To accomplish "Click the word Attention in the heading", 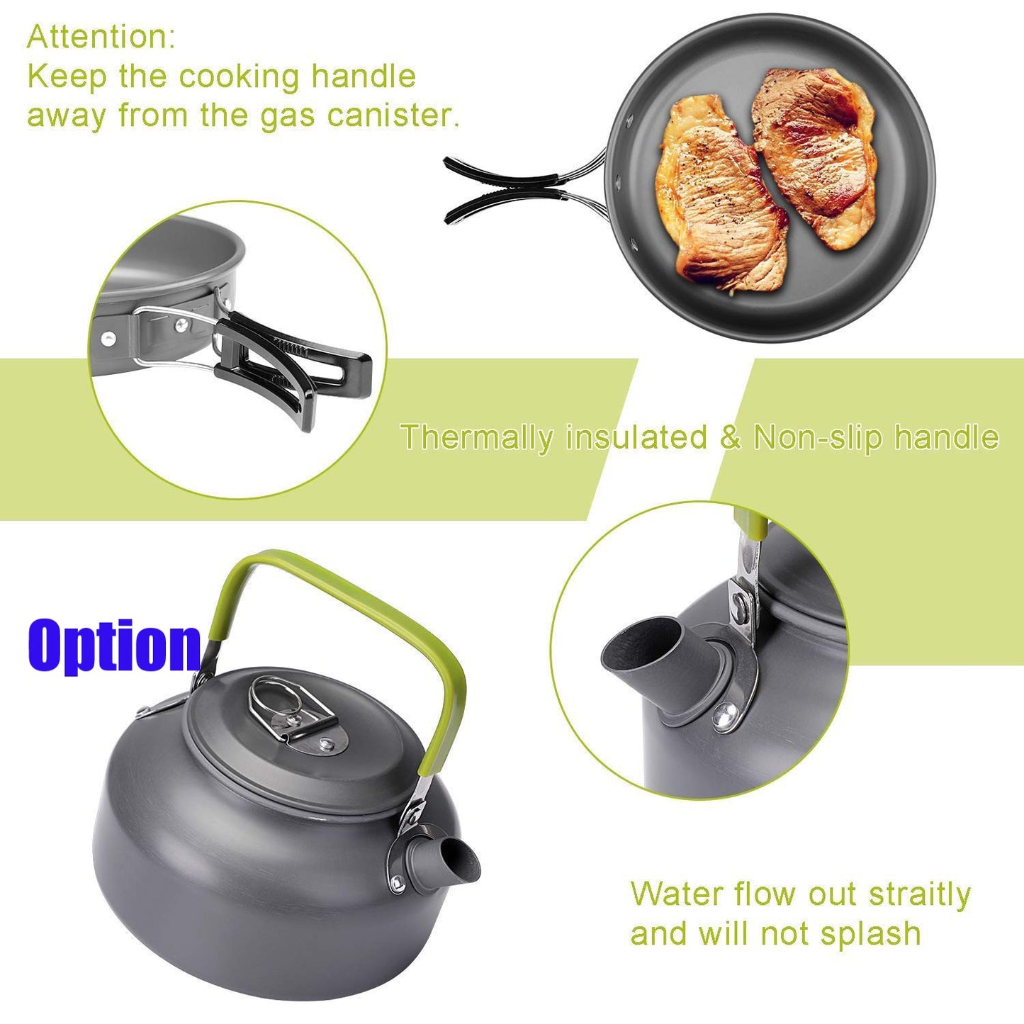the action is click(x=101, y=37).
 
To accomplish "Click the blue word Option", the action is click(x=114, y=647).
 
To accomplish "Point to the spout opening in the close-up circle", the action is click(x=642, y=645).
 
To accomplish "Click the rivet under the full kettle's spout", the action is click(x=396, y=884).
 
